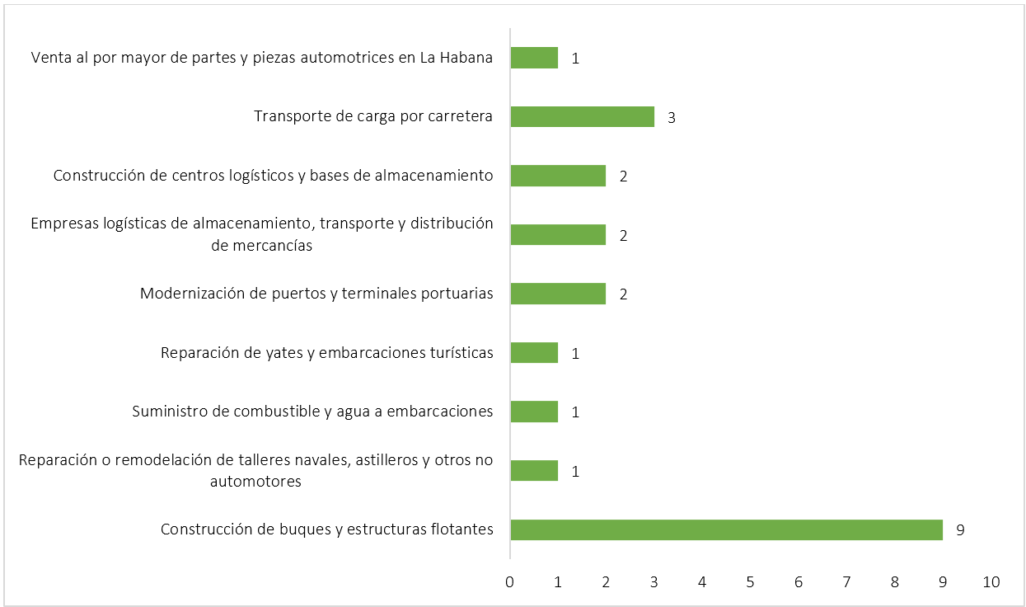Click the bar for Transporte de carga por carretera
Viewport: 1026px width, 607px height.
(582, 116)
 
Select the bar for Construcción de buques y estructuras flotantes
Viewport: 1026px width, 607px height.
(726, 529)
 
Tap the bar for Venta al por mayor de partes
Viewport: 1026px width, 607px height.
(534, 58)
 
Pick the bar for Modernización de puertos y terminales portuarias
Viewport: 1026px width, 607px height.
(558, 294)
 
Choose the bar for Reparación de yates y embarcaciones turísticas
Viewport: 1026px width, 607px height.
(534, 353)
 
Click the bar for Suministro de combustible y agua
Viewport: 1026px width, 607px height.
(534, 412)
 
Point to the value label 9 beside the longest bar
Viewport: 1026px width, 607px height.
(960, 530)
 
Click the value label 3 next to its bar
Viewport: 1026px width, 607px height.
(672, 117)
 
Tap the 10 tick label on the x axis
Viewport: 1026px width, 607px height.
(991, 582)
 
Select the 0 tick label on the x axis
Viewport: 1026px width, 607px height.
(510, 582)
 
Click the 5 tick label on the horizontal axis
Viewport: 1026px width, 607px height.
(750, 582)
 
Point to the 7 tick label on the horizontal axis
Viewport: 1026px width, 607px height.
(846, 582)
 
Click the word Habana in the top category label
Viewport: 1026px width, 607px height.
(466, 58)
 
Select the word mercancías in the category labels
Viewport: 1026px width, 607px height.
(272, 246)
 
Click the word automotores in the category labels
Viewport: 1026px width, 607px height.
(255, 482)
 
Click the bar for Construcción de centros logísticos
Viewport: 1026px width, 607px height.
(558, 176)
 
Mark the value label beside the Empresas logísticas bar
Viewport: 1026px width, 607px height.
(624, 236)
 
